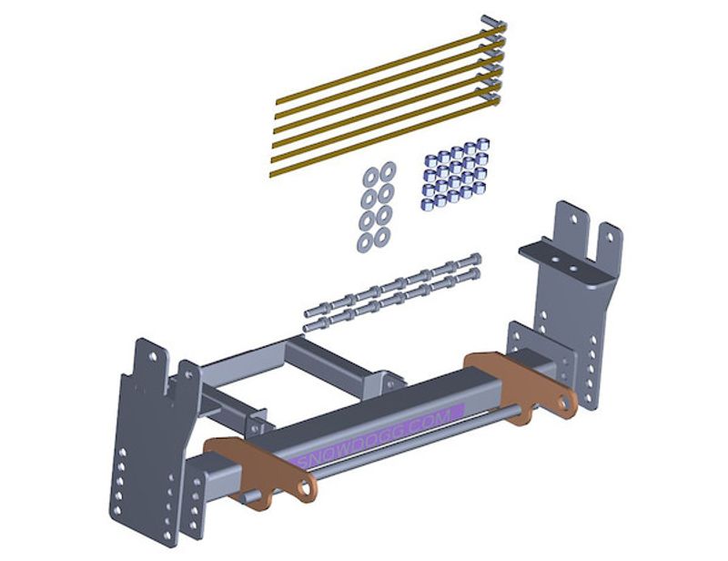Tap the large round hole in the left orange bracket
pyautogui.click(x=305, y=488)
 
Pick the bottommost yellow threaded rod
pyautogui.click(x=384, y=138)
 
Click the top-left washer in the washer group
pyautogui.click(x=370, y=177)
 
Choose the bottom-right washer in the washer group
pyautogui.click(x=381, y=238)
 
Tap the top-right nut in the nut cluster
pyautogui.click(x=483, y=144)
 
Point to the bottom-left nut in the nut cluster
pyautogui.click(x=426, y=204)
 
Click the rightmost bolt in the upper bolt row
pyautogui.click(x=468, y=261)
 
